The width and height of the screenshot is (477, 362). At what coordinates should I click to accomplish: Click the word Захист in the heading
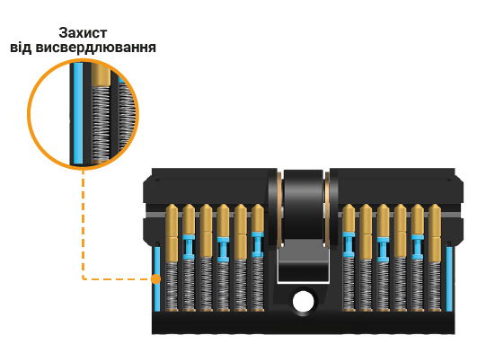pyautogui.click(x=83, y=33)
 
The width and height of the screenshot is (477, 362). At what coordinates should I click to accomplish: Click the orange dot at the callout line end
pyautogui.click(x=155, y=279)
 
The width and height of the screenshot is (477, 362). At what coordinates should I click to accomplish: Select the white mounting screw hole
pyautogui.click(x=303, y=301)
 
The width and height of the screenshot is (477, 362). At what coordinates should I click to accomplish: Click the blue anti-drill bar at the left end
pyautogui.click(x=157, y=279)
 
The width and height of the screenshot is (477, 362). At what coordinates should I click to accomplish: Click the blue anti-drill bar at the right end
pyautogui.click(x=449, y=279)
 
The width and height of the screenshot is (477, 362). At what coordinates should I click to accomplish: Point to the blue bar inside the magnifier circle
pyautogui.click(x=78, y=113)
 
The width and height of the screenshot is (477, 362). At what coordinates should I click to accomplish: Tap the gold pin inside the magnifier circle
pyautogui.click(x=101, y=75)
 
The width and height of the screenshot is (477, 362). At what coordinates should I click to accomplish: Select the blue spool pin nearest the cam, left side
pyautogui.click(x=258, y=244)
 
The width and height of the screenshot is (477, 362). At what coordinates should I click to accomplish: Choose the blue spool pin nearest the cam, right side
pyautogui.click(x=349, y=244)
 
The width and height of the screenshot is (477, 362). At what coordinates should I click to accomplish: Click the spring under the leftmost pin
pyautogui.click(x=172, y=286)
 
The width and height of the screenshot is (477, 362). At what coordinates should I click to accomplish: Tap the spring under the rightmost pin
pyautogui.click(x=435, y=286)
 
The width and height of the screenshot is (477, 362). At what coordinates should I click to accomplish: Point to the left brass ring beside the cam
pyautogui.click(x=280, y=210)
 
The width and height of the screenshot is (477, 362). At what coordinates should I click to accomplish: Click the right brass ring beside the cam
pyautogui.click(x=327, y=210)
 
